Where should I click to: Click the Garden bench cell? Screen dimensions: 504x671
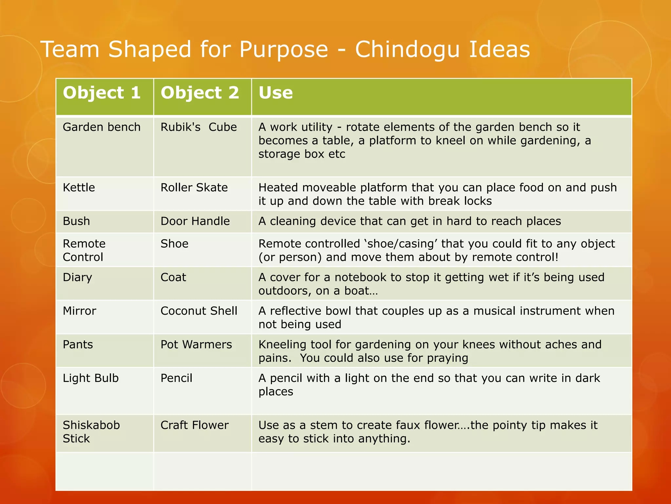click(102, 127)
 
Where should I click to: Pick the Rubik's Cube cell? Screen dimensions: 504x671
click(199, 127)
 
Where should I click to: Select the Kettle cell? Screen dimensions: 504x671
click(79, 187)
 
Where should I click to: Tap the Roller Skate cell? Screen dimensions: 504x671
click(194, 187)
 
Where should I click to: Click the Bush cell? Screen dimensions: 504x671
click(76, 221)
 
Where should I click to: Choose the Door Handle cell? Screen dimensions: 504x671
click(195, 221)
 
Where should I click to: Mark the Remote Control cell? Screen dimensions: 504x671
click(84, 250)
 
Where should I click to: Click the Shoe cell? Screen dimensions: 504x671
click(174, 244)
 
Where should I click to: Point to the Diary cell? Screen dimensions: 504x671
click(77, 277)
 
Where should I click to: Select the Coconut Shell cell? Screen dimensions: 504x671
click(199, 311)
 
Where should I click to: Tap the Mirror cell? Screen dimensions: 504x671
click(79, 311)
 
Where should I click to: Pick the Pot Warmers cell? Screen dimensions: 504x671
click(196, 345)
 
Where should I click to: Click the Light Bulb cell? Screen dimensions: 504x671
click(91, 378)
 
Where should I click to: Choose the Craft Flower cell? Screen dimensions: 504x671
click(195, 425)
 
